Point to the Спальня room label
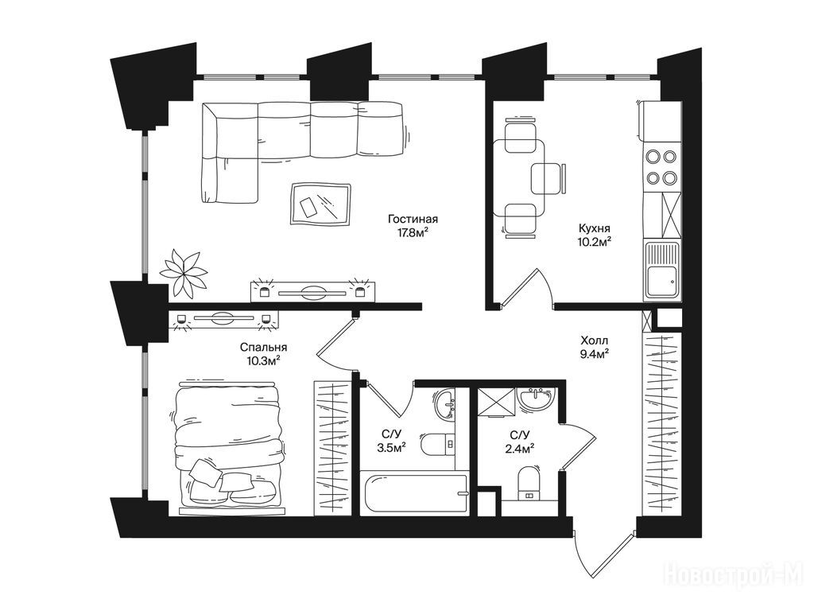click(x=264, y=348)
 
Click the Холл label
click(x=595, y=341)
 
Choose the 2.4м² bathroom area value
click(x=520, y=446)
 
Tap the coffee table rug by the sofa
click(x=320, y=204)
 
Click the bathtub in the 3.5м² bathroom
click(x=414, y=493)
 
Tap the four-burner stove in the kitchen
click(x=661, y=167)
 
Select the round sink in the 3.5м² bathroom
click(x=445, y=403)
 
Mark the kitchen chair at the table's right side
click(x=548, y=177)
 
